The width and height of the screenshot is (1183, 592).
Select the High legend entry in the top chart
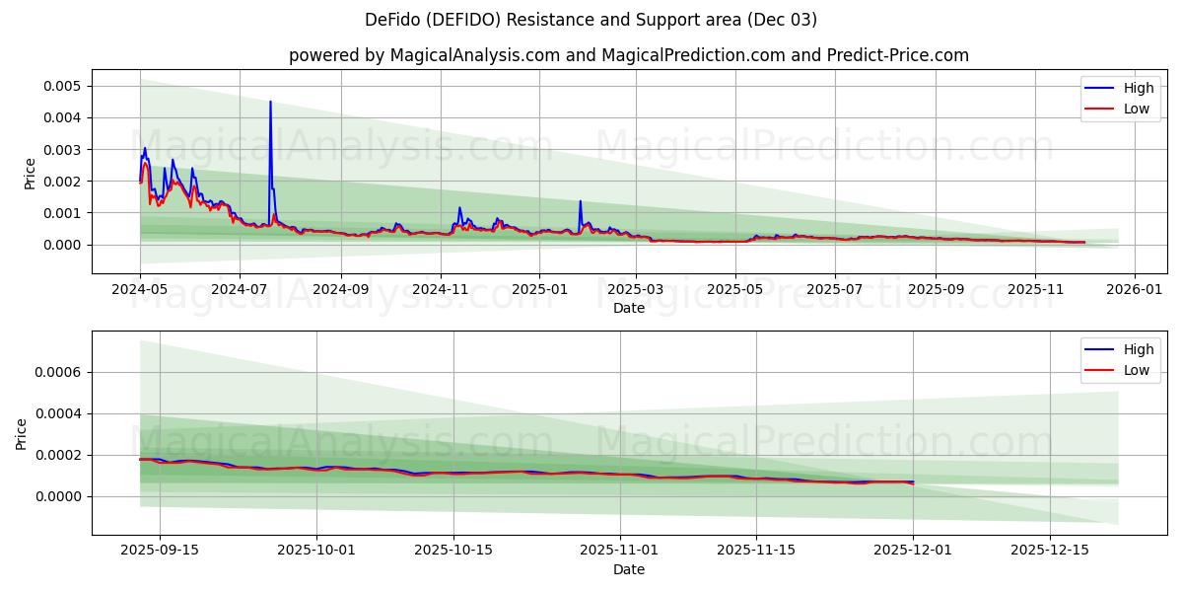1119,88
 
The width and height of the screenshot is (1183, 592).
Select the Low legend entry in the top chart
1119,109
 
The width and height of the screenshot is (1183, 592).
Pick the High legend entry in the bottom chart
1119,349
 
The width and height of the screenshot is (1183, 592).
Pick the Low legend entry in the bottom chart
1119,370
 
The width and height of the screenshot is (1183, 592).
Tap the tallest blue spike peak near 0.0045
270,102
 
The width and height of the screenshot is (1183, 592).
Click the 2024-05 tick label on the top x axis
140,290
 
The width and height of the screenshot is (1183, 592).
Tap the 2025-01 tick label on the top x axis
539,290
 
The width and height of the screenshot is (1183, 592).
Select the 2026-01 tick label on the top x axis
1135,290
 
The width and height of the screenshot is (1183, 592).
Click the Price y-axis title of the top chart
30,173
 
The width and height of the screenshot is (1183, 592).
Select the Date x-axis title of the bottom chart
628,569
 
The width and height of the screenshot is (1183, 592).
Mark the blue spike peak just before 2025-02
580,201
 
